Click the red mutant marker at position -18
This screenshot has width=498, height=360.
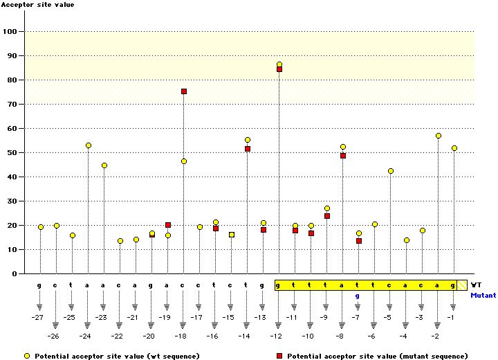[x=184, y=91]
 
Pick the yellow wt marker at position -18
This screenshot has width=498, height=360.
[x=184, y=161]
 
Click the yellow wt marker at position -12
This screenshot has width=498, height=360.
[x=279, y=64]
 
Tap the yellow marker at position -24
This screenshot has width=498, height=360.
[x=89, y=145]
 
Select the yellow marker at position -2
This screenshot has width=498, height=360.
[x=439, y=136]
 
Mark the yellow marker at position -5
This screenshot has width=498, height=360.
[x=391, y=171]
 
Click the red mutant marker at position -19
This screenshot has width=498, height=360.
[x=168, y=225]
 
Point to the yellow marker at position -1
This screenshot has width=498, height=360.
[x=454, y=148]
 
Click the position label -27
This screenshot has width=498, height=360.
[x=39, y=317]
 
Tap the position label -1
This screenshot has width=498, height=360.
[x=452, y=317]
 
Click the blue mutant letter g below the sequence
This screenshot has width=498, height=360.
[x=358, y=296]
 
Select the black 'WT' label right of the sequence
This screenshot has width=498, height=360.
[x=477, y=285]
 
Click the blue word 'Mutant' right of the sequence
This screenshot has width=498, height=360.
[x=483, y=296]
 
